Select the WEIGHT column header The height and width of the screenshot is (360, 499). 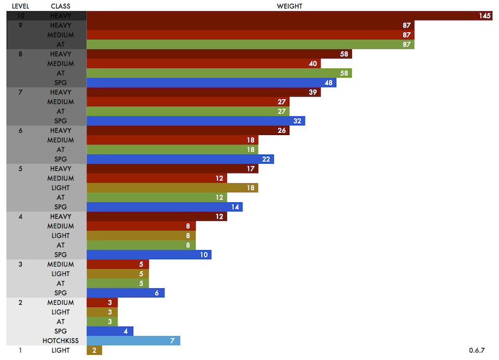(x=290, y=6)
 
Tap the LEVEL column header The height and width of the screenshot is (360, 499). (x=20, y=6)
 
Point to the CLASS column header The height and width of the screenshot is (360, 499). (x=61, y=6)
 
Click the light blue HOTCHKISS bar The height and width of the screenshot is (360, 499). (x=133, y=341)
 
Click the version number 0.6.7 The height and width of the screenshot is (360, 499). (x=477, y=351)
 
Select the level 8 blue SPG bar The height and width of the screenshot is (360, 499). (x=211, y=83)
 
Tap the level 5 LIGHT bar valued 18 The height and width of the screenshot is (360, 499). (x=172, y=188)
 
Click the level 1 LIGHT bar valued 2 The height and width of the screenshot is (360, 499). (x=95, y=351)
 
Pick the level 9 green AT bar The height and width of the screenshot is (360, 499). (x=250, y=45)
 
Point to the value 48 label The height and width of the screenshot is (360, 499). (x=329, y=83)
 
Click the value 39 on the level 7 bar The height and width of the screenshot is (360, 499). (x=313, y=92)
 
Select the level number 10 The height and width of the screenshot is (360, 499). (x=20, y=16)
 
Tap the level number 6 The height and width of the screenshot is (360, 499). (x=20, y=130)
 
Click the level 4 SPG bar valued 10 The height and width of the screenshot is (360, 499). (x=149, y=255)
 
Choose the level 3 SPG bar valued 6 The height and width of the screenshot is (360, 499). (x=125, y=293)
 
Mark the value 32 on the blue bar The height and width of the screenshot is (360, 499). (x=297, y=121)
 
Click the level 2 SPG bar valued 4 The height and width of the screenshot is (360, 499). (x=110, y=331)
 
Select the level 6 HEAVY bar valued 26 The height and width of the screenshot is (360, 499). (x=188, y=130)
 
